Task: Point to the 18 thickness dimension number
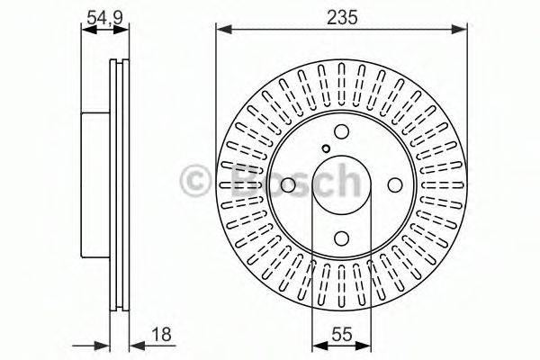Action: [162, 334]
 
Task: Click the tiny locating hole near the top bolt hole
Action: [326, 150]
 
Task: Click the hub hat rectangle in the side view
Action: [96, 184]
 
